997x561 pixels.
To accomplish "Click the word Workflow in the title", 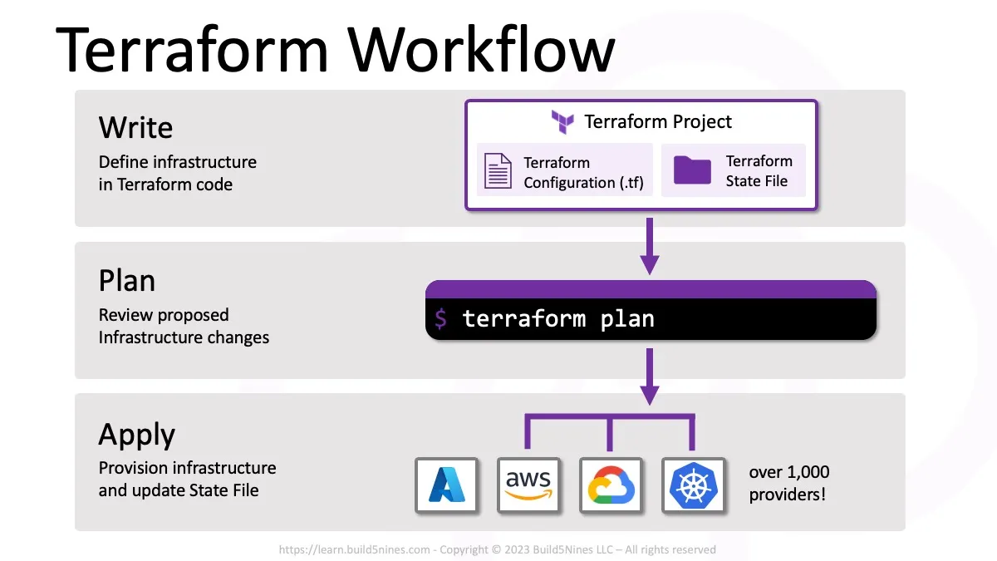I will click(482, 50).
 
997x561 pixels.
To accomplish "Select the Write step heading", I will click(135, 128).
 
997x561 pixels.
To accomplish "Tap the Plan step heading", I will click(127, 281).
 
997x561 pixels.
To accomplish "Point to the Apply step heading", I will click(137, 435).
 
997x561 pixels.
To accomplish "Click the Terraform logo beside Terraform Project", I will click(562, 122).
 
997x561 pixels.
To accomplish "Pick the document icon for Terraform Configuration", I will click(498, 171).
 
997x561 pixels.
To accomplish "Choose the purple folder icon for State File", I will click(692, 170).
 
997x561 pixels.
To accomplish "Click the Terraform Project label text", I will click(658, 122).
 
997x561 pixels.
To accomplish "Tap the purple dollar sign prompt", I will click(441, 318).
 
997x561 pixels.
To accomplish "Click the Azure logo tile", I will click(446, 485).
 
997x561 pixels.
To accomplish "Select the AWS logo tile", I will click(528, 485).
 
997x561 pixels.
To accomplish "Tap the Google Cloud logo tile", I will click(611, 485).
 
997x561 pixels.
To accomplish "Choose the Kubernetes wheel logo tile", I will click(693, 485).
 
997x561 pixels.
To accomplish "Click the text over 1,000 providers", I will click(788, 484).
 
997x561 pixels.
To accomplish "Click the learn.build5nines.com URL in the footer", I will click(355, 549).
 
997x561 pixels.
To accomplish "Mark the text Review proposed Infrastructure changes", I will click(184, 327).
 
